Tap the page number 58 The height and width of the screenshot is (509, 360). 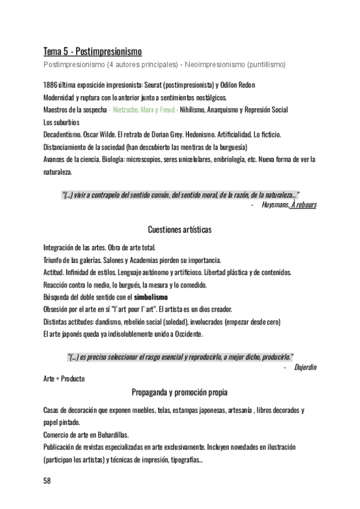coord(48,480)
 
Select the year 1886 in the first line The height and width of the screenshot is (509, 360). coord(50,85)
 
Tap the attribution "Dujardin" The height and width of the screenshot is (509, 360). coord(305,367)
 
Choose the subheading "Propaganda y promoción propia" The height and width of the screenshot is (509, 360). coord(179,393)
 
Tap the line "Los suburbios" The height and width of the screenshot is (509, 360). coord(62,122)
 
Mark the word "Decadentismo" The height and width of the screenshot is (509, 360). coord(62,135)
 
